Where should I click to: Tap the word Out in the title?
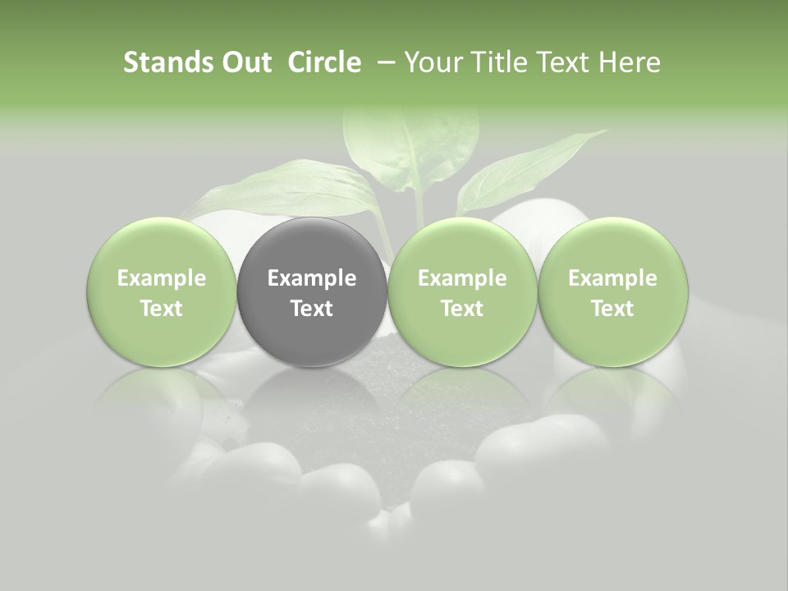pyautogui.click(x=244, y=62)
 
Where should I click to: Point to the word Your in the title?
pyautogui.click(x=430, y=62)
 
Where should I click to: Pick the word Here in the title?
pyautogui.click(x=630, y=62)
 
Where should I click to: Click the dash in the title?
pyautogui.click(x=384, y=62)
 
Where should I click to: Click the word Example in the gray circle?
pyautogui.click(x=312, y=278)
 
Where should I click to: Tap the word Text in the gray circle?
pyautogui.click(x=312, y=309)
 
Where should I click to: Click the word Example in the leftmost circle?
pyautogui.click(x=162, y=278)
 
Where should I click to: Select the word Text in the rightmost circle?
pyautogui.click(x=613, y=309)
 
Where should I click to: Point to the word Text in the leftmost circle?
pyautogui.click(x=162, y=309)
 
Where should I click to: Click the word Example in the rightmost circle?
pyautogui.click(x=613, y=278)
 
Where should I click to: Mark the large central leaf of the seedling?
pyautogui.click(x=410, y=148)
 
